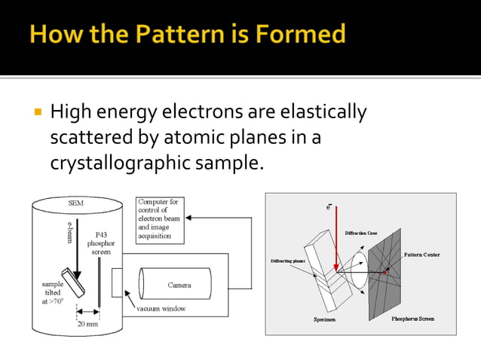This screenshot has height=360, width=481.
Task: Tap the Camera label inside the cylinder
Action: (x=179, y=285)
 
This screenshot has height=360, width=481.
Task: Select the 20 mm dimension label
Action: (x=87, y=323)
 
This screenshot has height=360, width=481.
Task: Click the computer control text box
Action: (x=159, y=219)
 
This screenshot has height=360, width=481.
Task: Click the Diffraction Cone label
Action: (x=365, y=233)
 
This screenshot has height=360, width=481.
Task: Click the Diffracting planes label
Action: (x=288, y=261)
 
